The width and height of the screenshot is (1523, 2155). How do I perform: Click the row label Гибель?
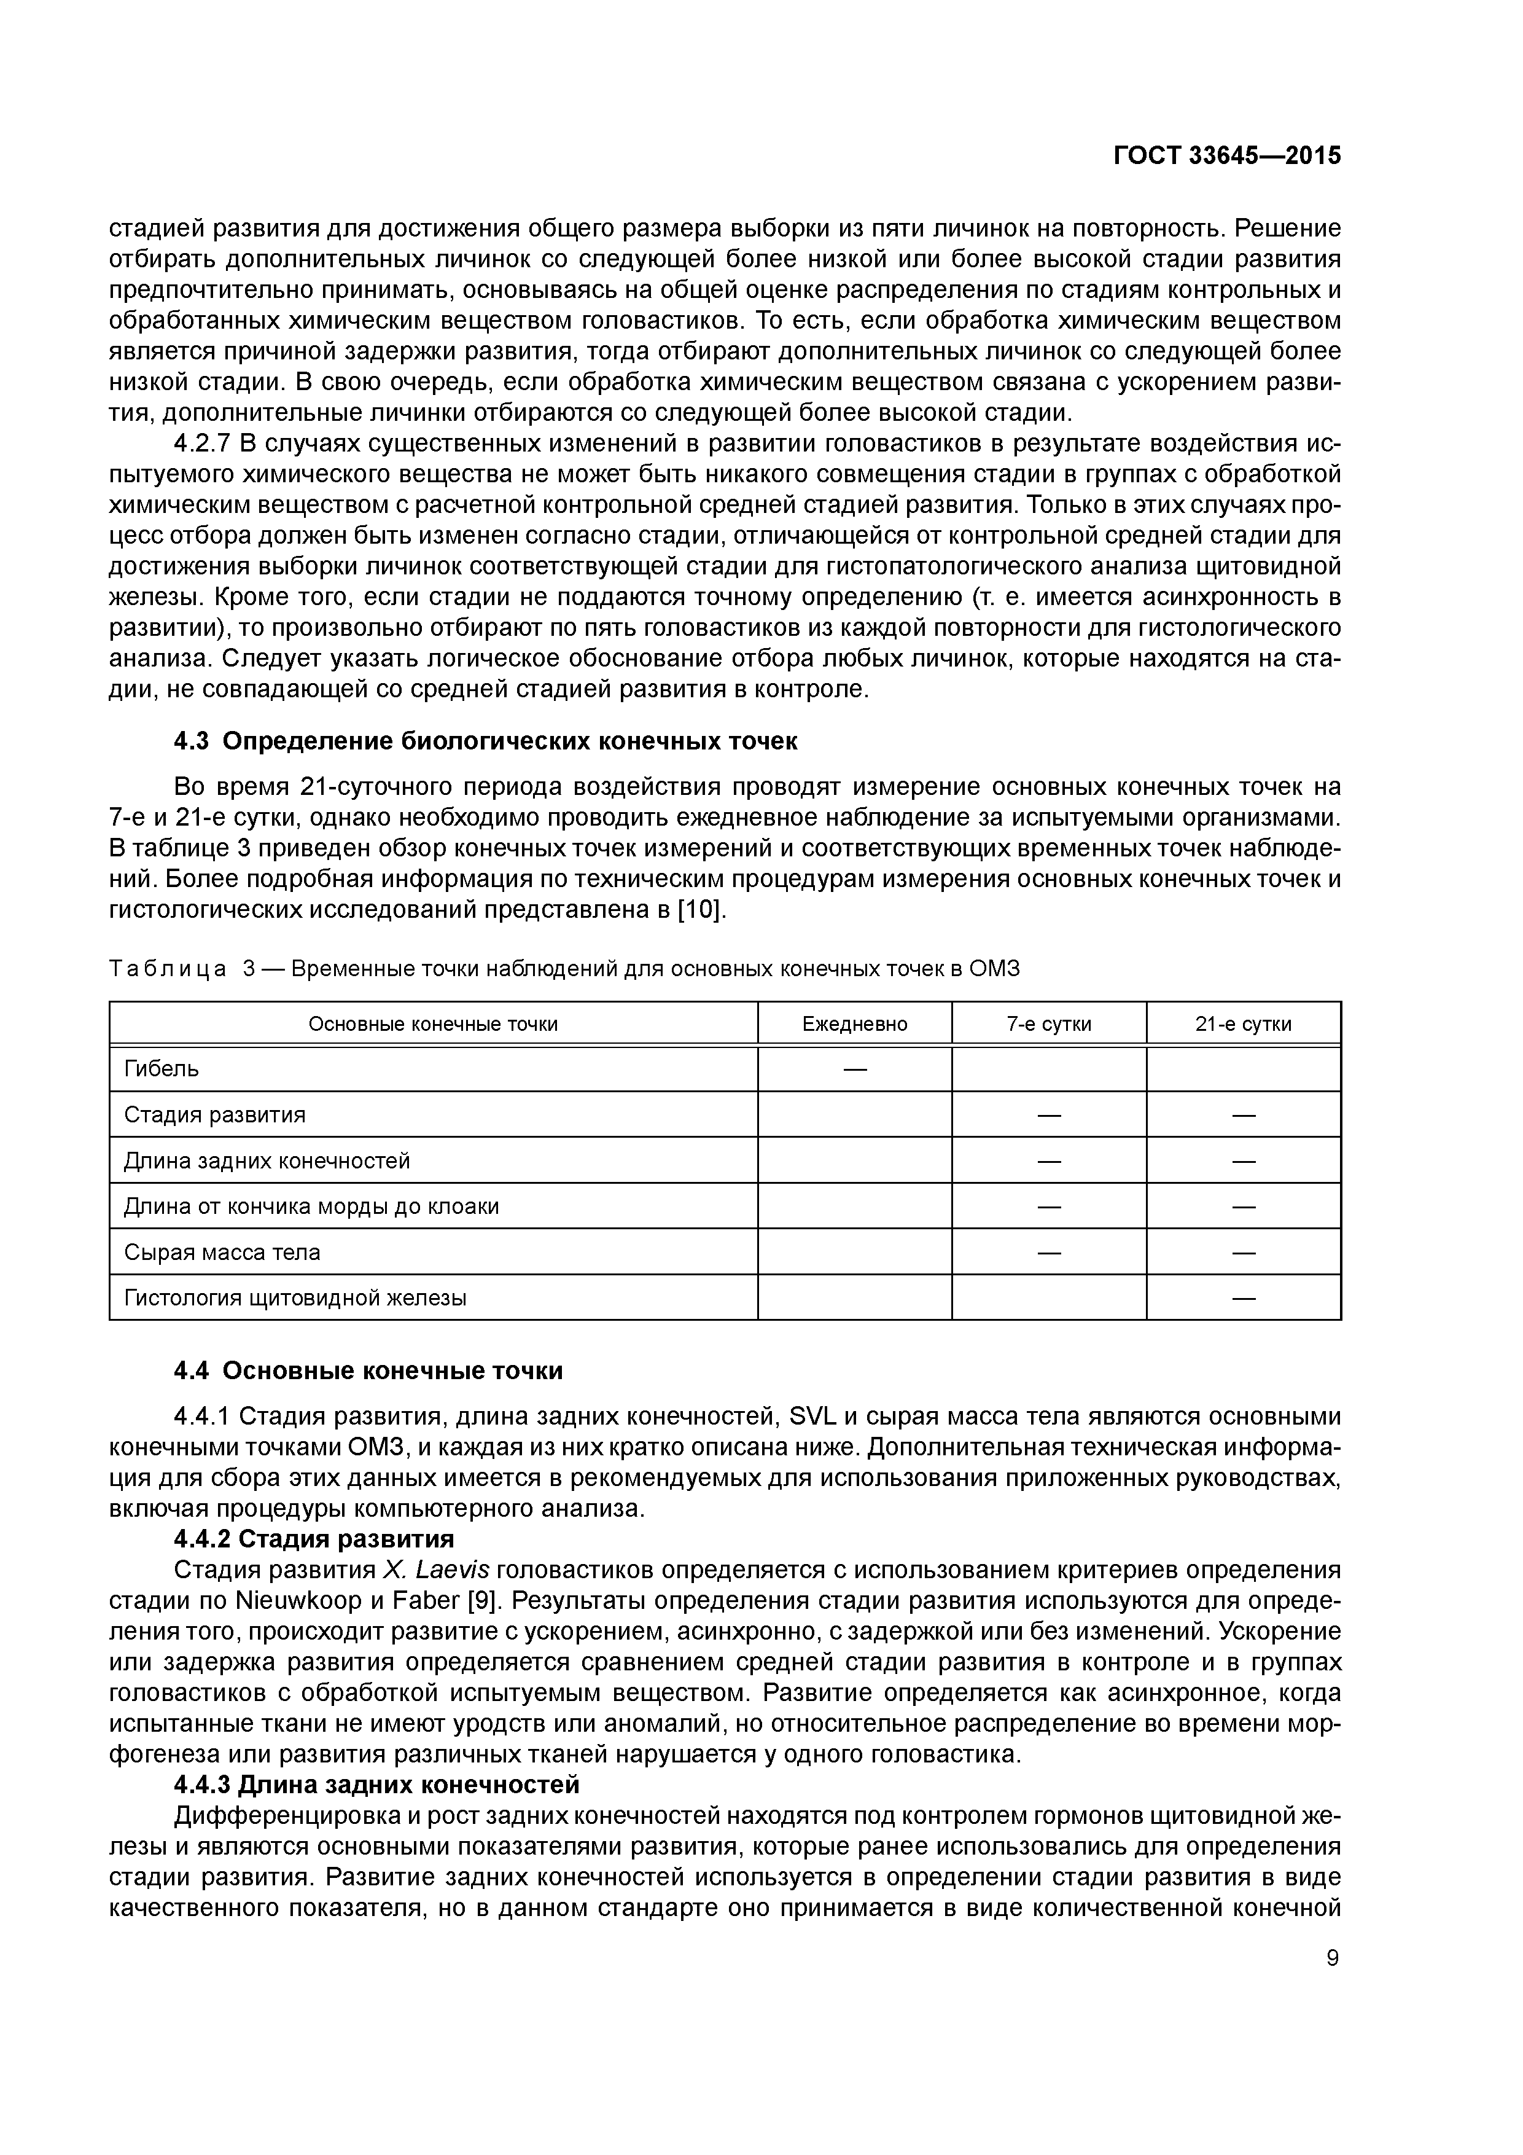[162, 1069]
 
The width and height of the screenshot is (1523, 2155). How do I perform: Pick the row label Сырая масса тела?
[222, 1252]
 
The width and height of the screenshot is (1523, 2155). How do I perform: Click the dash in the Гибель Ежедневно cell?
[854, 1069]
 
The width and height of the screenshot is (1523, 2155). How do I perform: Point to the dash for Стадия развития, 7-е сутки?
[1048, 1115]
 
